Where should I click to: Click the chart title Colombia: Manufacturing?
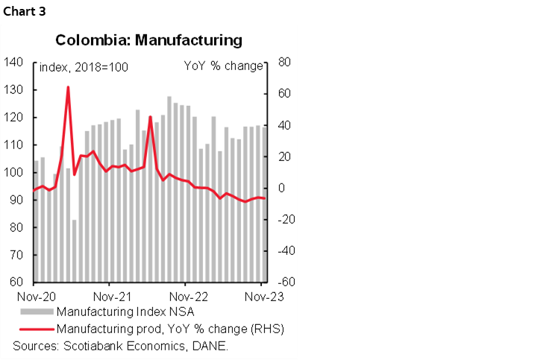tap(148, 40)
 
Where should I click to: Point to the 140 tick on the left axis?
tap(14, 63)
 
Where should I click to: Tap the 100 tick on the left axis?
tap(14, 173)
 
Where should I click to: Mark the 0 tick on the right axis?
tap(280, 189)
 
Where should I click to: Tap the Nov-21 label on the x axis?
tap(109, 296)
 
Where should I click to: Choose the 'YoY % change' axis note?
tap(223, 66)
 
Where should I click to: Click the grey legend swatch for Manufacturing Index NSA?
tap(36, 311)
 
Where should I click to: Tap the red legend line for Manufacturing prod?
tap(36, 328)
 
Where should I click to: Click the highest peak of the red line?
tap(68, 87)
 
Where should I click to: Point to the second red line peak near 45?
tap(150, 117)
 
